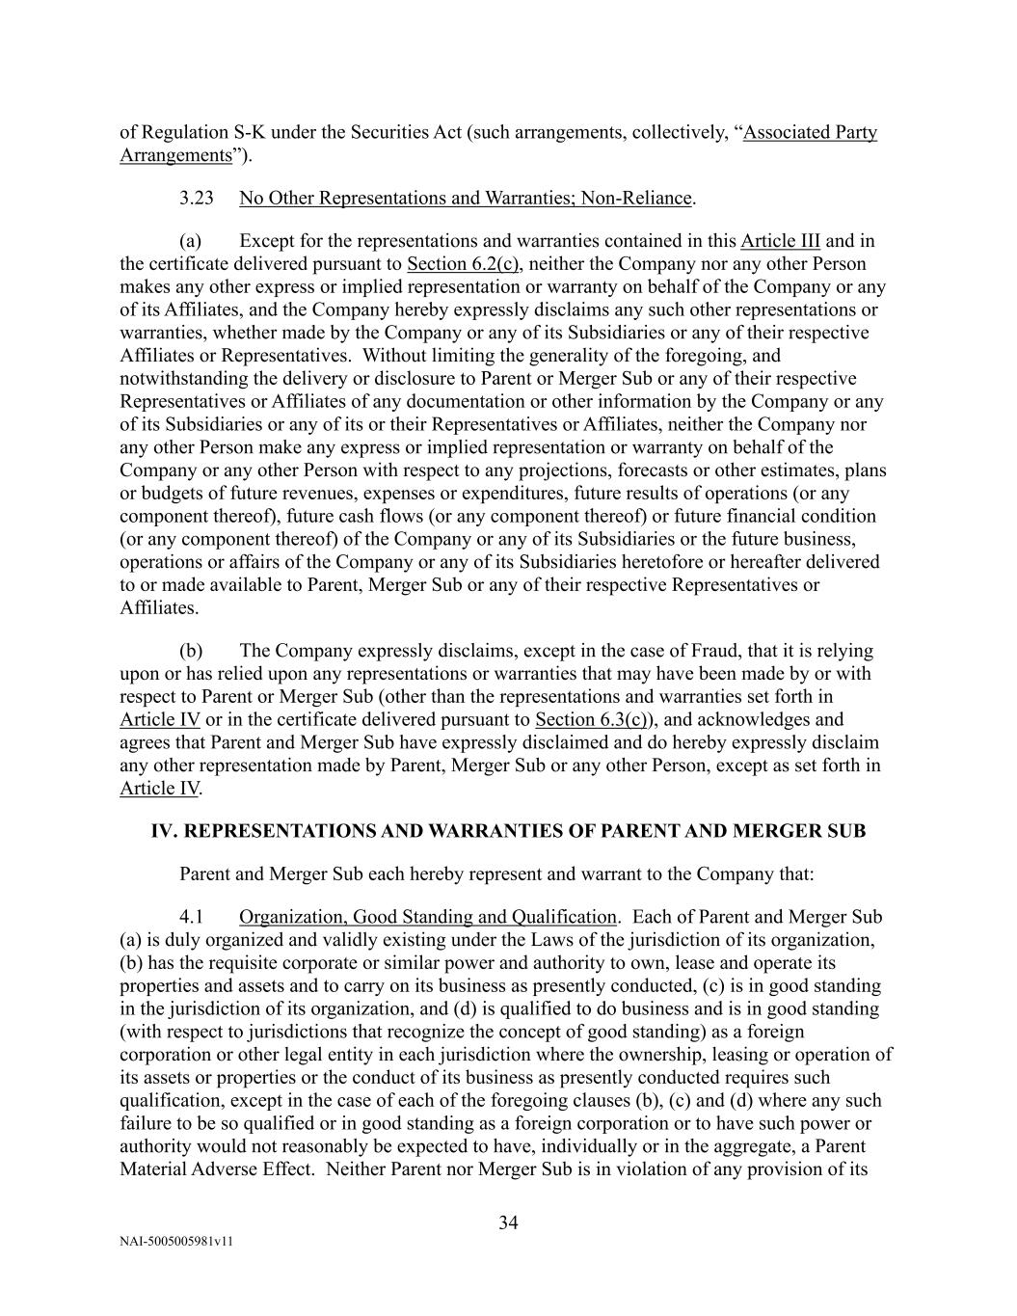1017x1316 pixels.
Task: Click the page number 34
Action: (x=509, y=1223)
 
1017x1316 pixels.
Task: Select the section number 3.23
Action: (x=197, y=199)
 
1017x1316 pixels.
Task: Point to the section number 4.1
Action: (x=191, y=917)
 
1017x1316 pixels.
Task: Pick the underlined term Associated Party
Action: (x=810, y=133)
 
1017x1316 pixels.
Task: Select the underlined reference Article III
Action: (x=780, y=241)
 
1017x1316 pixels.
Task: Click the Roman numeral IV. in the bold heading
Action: (x=164, y=831)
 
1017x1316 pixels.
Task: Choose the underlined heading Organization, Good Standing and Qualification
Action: (x=427, y=917)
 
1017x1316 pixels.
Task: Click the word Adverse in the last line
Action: (x=224, y=1169)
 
